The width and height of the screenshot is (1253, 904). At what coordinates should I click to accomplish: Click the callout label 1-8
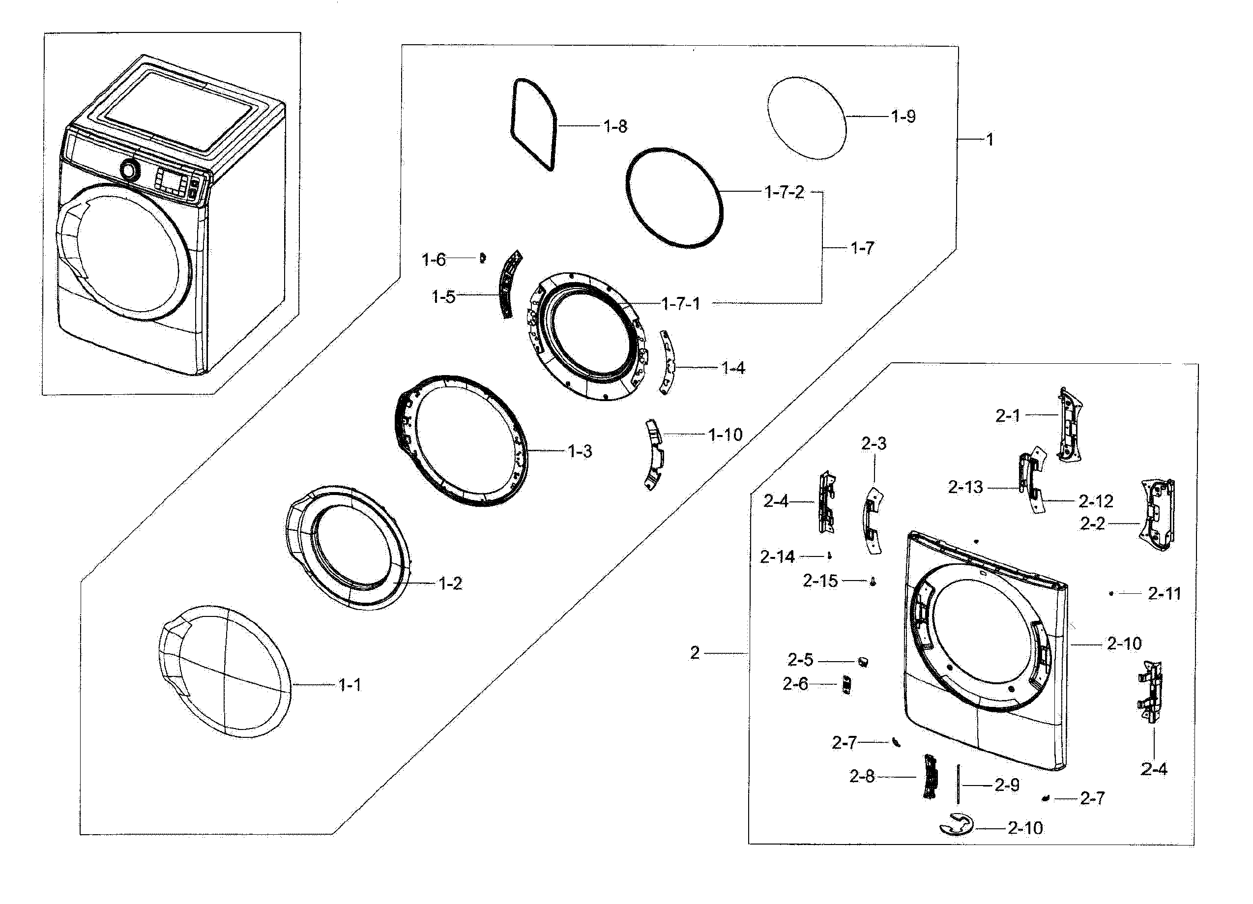tap(615, 126)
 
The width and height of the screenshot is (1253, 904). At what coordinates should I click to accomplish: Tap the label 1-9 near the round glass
tap(903, 117)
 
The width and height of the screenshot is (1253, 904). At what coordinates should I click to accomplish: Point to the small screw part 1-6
tap(482, 258)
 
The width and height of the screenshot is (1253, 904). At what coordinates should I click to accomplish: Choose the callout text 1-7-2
tap(784, 192)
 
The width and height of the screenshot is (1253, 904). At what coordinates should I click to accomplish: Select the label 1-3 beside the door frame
tap(580, 451)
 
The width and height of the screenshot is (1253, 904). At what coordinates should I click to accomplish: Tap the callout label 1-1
tap(350, 685)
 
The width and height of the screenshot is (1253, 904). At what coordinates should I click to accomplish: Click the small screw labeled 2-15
tap(873, 582)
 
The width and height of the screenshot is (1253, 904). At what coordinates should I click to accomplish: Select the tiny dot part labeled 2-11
tap(1111, 593)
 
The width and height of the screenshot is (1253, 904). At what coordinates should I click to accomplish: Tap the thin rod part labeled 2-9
tap(958, 784)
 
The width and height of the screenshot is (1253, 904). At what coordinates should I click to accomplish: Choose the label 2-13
tap(966, 487)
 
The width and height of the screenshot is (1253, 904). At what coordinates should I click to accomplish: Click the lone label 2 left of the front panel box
tap(695, 653)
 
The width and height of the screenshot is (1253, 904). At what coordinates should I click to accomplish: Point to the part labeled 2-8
tap(931, 777)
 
